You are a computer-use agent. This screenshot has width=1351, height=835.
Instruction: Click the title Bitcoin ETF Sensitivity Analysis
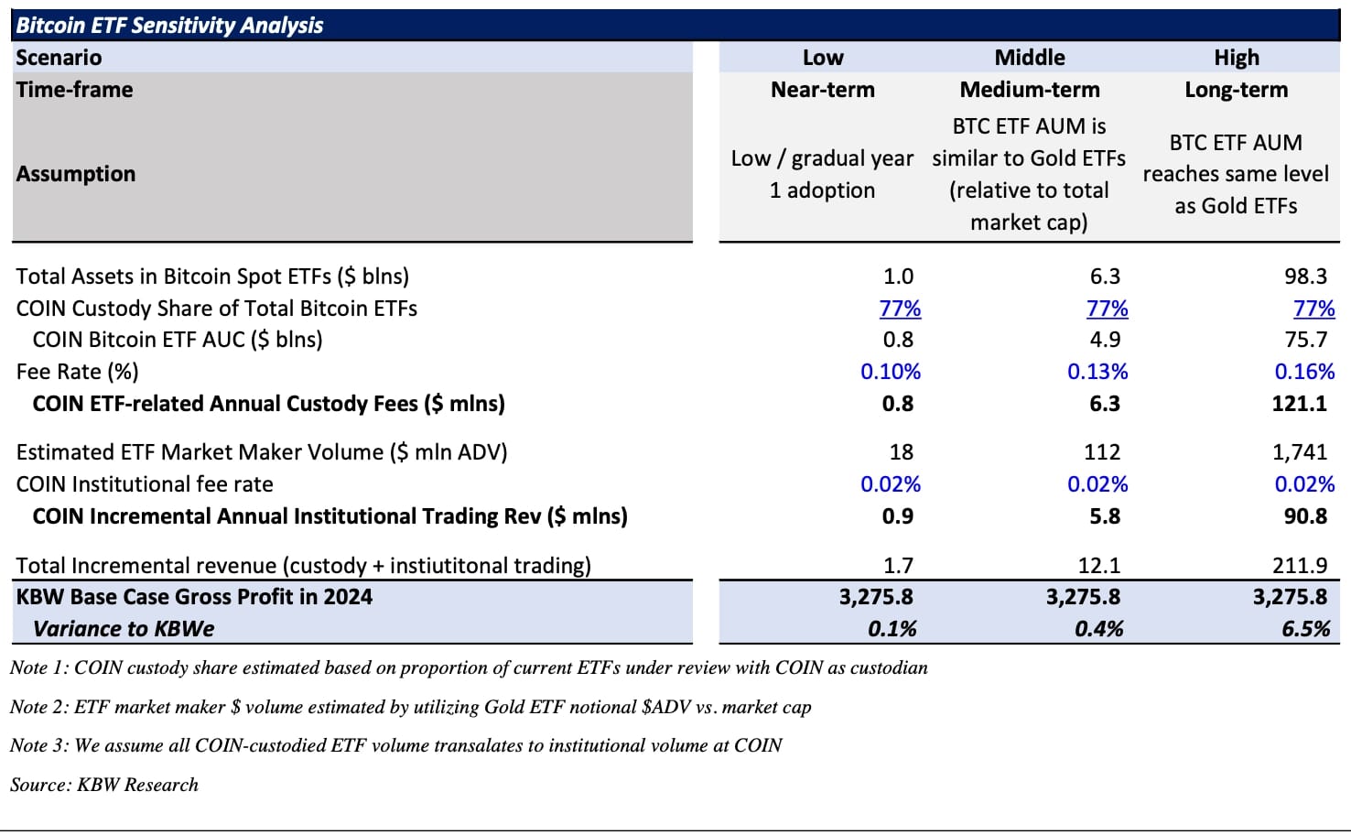(x=170, y=26)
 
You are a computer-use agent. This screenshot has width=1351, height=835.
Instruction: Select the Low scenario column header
(x=822, y=58)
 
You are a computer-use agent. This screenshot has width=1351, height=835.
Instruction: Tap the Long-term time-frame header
(x=1236, y=90)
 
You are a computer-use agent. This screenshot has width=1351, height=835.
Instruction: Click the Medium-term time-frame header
(x=1029, y=90)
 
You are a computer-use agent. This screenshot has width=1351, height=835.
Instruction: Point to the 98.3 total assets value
(x=1305, y=277)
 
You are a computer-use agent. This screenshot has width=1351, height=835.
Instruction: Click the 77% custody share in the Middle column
(x=1107, y=309)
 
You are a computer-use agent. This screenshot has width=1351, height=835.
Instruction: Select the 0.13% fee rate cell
(x=1097, y=372)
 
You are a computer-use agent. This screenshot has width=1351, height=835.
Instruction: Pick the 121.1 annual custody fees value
(x=1299, y=404)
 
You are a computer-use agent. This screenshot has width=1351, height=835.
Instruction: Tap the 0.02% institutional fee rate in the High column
(x=1304, y=484)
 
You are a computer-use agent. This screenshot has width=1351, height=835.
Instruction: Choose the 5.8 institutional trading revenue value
(x=1105, y=516)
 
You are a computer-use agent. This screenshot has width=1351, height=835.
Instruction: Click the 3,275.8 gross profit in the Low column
(x=876, y=597)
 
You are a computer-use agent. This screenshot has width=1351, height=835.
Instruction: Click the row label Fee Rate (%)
(x=78, y=372)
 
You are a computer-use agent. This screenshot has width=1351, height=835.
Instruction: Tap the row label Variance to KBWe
(x=124, y=629)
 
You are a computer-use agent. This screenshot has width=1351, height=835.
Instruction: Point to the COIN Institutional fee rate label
(x=145, y=484)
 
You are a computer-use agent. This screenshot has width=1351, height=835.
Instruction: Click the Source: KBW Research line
(x=104, y=785)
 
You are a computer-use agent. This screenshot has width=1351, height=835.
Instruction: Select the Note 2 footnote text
(x=410, y=707)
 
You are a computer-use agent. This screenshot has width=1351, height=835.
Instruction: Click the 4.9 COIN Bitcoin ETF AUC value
(x=1105, y=340)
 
